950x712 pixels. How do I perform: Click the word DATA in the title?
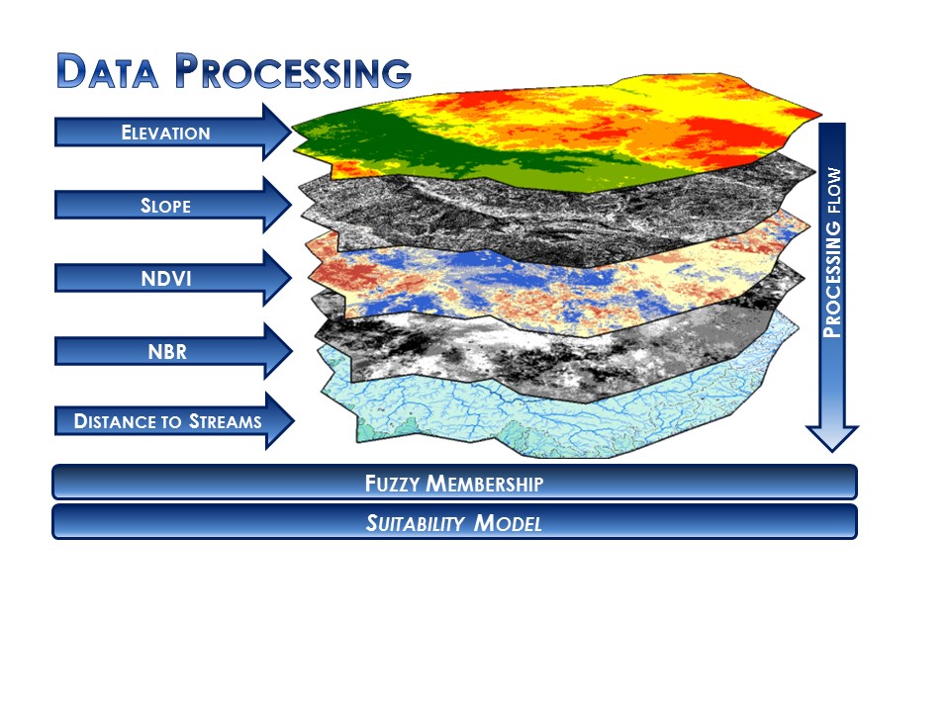pyautogui.click(x=107, y=71)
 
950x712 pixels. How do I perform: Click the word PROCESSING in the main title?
pyautogui.click(x=293, y=71)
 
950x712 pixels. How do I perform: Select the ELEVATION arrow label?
pyautogui.click(x=165, y=133)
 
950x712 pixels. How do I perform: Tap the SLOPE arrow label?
pyautogui.click(x=165, y=206)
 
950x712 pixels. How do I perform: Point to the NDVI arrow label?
pyautogui.click(x=166, y=279)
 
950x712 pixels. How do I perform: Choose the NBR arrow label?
pyautogui.click(x=167, y=351)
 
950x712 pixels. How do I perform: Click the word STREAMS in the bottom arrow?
pyautogui.click(x=226, y=421)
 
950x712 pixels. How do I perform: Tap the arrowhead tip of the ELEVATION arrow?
pyautogui.click(x=291, y=132)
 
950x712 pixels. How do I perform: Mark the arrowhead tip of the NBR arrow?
pyautogui.click(x=292, y=350)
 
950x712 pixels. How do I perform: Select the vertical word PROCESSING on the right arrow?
pyautogui.click(x=832, y=280)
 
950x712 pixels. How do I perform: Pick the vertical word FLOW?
pyautogui.click(x=834, y=190)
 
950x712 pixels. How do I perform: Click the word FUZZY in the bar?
pyautogui.click(x=392, y=484)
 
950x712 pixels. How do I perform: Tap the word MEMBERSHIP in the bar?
pyautogui.click(x=485, y=484)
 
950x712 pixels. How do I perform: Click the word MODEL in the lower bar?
pyautogui.click(x=508, y=522)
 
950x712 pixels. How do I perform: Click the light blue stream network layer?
pyautogui.click(x=545, y=417)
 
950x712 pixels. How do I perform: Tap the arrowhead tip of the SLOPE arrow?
pyautogui.click(x=291, y=204)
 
